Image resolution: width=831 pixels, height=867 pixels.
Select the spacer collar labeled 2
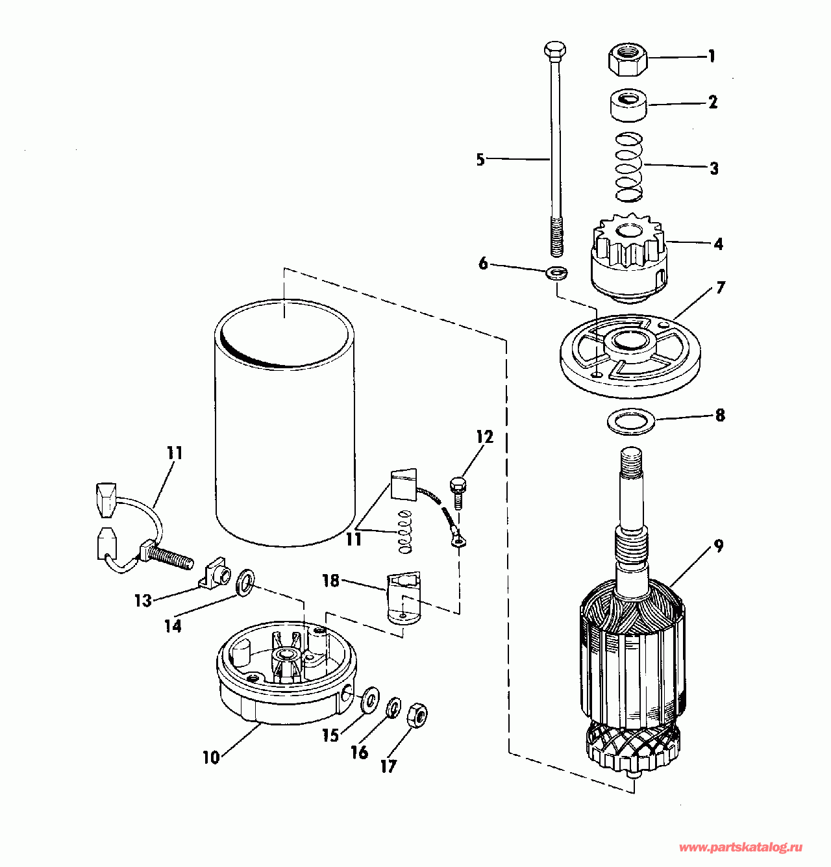pyautogui.click(x=628, y=105)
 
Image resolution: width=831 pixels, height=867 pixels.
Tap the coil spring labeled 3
pyautogui.click(x=629, y=167)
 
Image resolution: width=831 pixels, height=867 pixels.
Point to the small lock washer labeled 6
pyautogui.click(x=556, y=272)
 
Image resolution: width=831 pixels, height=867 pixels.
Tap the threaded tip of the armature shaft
pyautogui.click(x=630, y=460)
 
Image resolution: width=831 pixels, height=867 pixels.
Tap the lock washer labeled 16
pyautogui.click(x=393, y=709)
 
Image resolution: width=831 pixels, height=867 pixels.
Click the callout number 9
pyautogui.click(x=719, y=546)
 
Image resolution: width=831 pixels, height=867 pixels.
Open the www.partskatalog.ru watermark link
pyautogui.click(x=741, y=846)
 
